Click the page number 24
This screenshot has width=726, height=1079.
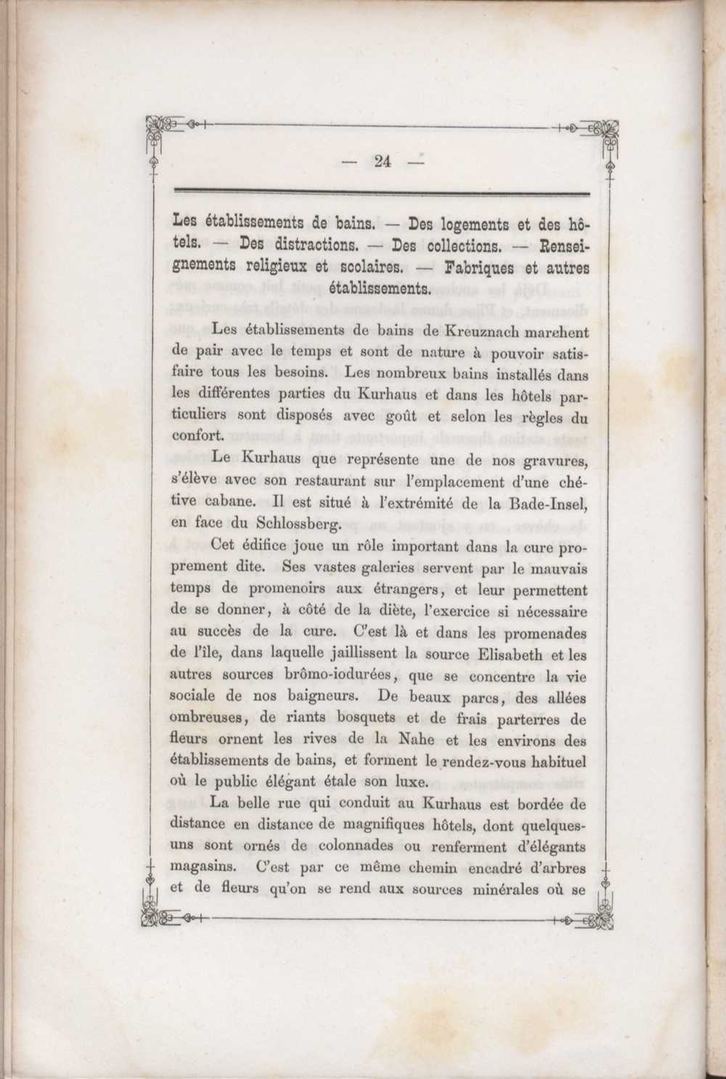[x=383, y=163]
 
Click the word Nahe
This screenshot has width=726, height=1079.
[x=419, y=740]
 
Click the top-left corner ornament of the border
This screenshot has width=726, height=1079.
[x=158, y=128]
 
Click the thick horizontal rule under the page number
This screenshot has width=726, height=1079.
[x=382, y=192]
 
